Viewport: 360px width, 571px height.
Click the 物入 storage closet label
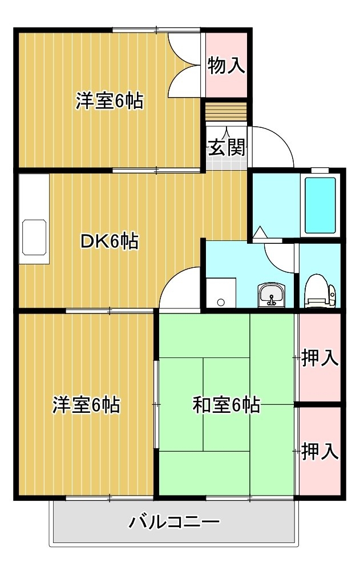tap(226, 66)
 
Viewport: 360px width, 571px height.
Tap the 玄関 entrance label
tap(226, 147)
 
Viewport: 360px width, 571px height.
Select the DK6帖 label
tap(109, 241)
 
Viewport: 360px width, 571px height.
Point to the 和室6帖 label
tap(226, 405)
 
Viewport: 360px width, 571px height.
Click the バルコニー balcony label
tap(174, 522)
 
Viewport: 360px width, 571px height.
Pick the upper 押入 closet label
tap(320, 357)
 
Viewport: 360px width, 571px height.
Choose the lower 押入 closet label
tap(320, 451)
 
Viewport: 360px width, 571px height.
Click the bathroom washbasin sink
tap(272, 295)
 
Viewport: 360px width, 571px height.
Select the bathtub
tap(320, 205)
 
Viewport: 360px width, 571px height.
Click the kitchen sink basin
tap(34, 238)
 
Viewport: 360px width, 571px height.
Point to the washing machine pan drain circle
tap(221, 302)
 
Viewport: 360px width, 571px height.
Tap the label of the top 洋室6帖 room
tap(109, 101)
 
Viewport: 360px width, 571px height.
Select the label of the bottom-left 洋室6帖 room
tap(86, 405)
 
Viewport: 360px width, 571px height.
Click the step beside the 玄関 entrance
tap(226, 112)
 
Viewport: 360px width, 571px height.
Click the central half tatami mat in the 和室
tap(226, 404)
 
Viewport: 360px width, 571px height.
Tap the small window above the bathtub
tap(320, 170)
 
